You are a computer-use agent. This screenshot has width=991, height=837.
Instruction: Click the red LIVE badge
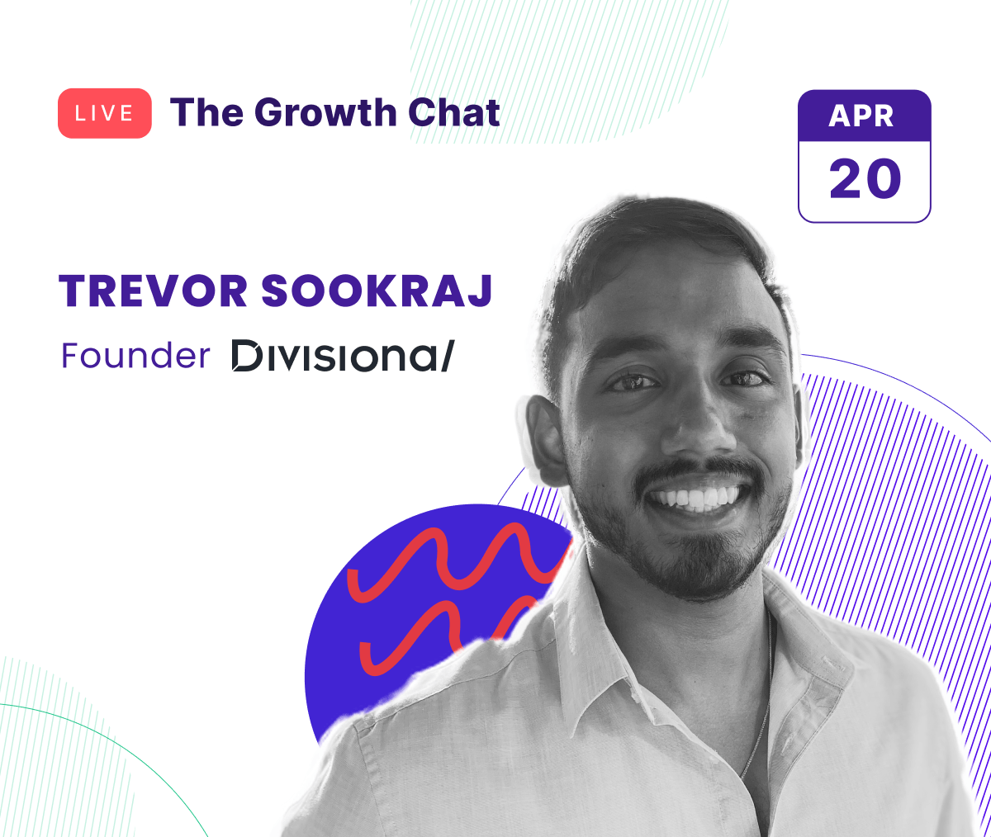tap(105, 113)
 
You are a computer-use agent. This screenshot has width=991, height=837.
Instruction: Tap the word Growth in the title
tap(325, 112)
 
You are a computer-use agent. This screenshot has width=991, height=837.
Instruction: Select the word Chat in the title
tap(453, 112)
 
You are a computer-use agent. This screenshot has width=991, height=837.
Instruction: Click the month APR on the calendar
tap(861, 116)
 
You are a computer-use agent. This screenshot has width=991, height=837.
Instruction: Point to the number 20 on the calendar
tap(865, 178)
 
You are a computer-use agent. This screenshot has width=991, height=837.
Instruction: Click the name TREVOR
tap(153, 291)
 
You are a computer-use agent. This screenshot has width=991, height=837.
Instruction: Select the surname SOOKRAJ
tap(377, 291)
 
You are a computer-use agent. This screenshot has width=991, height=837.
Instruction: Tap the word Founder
tap(135, 356)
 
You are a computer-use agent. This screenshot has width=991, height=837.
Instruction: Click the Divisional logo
tap(344, 356)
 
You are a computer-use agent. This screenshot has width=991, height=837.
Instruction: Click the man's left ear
tap(546, 439)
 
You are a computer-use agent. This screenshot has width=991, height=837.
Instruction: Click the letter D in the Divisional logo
tap(247, 356)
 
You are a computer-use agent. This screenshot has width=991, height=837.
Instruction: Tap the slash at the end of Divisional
tap(448, 356)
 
